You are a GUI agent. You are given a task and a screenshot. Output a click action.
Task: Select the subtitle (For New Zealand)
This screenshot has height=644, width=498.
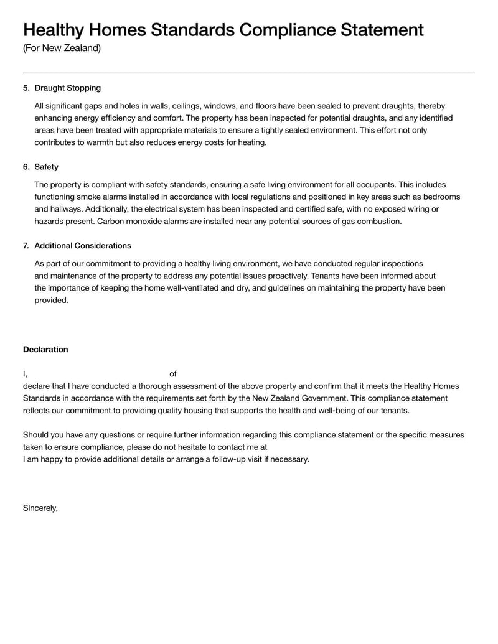[x=62, y=48]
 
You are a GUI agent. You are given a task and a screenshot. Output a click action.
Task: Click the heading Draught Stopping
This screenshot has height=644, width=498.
[x=67, y=88]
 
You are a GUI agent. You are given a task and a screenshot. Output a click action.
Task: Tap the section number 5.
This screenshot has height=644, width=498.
[x=26, y=88]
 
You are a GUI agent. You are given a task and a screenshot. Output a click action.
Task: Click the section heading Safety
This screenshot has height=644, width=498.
[x=47, y=167]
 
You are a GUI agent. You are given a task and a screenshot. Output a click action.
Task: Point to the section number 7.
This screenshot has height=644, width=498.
[x=26, y=246]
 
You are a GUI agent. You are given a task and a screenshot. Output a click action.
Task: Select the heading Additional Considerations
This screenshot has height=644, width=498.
[x=83, y=246]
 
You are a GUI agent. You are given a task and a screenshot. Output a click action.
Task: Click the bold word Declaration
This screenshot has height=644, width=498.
[x=45, y=350]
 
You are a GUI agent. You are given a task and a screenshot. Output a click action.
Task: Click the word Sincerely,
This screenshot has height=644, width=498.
[x=40, y=508]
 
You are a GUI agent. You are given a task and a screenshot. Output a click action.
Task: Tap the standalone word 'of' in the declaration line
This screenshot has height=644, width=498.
[x=173, y=374]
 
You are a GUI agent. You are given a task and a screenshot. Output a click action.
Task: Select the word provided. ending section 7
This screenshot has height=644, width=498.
[x=51, y=300]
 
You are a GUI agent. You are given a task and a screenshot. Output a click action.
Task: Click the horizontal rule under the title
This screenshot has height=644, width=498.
[x=249, y=73]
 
